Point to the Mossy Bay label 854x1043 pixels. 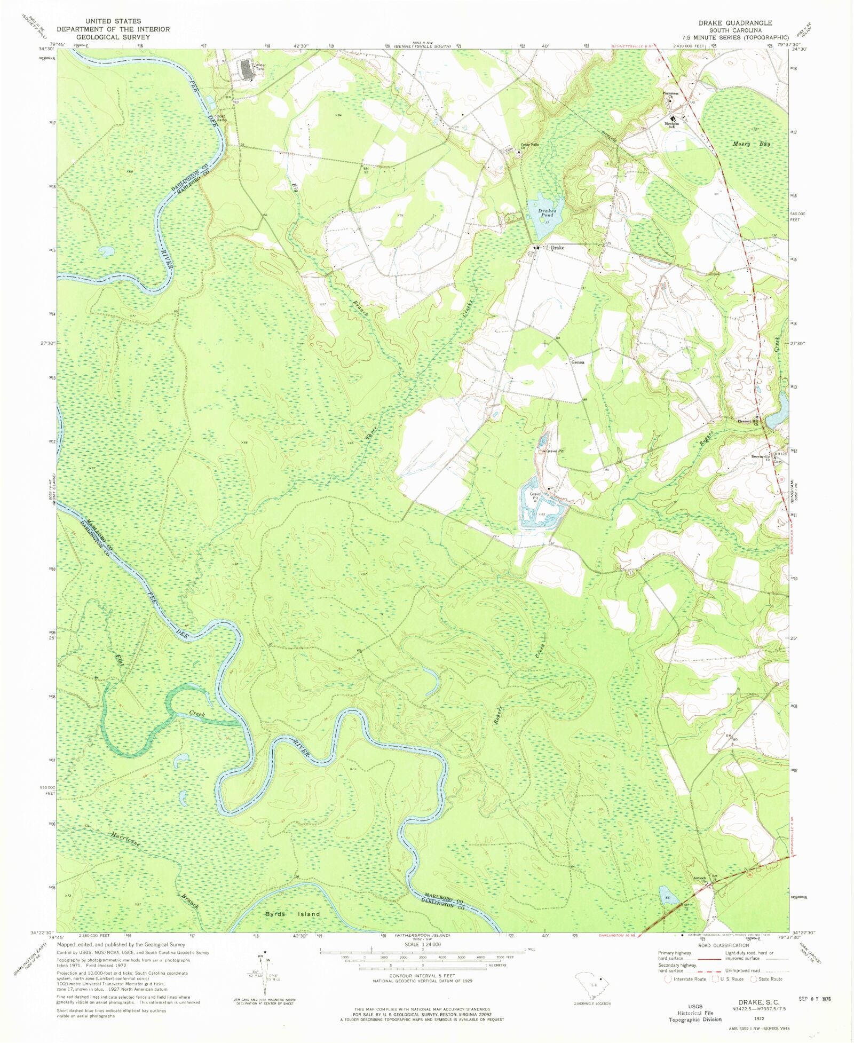(x=751, y=144)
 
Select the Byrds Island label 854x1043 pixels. (x=292, y=914)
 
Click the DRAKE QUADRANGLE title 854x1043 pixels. (x=735, y=23)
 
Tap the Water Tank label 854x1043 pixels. (x=260, y=67)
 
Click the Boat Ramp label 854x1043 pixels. (x=221, y=118)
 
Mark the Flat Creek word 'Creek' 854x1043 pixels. (x=197, y=714)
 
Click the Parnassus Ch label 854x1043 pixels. (x=671, y=94)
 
